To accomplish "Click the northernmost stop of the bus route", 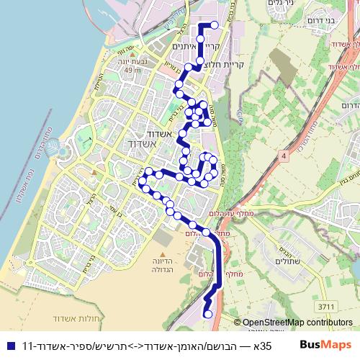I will pyautogui.click(x=214, y=24).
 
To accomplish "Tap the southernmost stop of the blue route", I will pyautogui.click(x=208, y=313).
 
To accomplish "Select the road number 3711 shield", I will pyautogui.click(x=326, y=307).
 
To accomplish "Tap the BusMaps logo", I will pyautogui.click(x=327, y=344).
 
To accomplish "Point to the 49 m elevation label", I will pyautogui.click(x=132, y=71).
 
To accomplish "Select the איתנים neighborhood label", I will pyautogui.click(x=187, y=45).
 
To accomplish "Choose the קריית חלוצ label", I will pyautogui.click(x=229, y=64).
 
